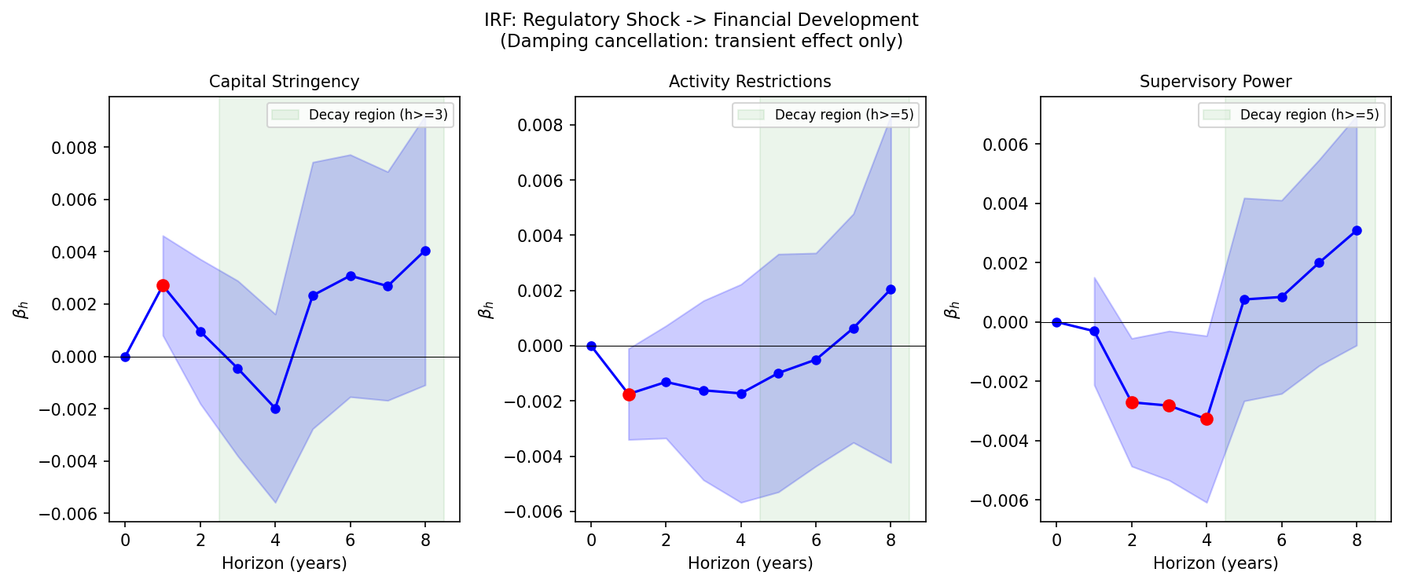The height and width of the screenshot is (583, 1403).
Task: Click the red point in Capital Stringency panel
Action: [163, 286]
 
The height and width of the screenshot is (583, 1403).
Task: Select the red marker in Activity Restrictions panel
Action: [629, 394]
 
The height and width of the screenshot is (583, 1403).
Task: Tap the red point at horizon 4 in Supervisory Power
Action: [1207, 419]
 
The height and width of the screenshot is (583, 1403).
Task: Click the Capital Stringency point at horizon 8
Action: [425, 251]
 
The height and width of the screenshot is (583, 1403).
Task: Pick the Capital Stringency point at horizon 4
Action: [275, 409]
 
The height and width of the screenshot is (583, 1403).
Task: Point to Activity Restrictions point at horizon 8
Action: [891, 289]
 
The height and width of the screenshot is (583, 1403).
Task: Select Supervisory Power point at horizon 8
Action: [1357, 230]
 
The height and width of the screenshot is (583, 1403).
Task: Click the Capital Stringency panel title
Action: [284, 82]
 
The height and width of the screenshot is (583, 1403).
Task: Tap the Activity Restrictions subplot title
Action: [750, 82]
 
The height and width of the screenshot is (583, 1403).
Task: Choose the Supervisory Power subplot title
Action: [1215, 82]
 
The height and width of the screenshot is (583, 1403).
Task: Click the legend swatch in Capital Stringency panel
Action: [285, 115]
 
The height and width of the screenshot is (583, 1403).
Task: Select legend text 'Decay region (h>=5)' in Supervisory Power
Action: [1309, 115]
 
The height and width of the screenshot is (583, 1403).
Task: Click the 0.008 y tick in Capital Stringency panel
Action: [74, 148]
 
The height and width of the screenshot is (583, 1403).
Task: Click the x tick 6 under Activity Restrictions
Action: [816, 540]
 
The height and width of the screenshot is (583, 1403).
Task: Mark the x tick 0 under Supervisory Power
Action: [1056, 540]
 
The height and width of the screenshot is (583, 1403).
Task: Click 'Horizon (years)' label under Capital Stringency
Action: [284, 563]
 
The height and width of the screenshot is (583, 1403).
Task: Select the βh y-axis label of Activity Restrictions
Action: [486, 310]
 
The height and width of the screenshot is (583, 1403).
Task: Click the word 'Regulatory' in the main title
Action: [565, 20]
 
